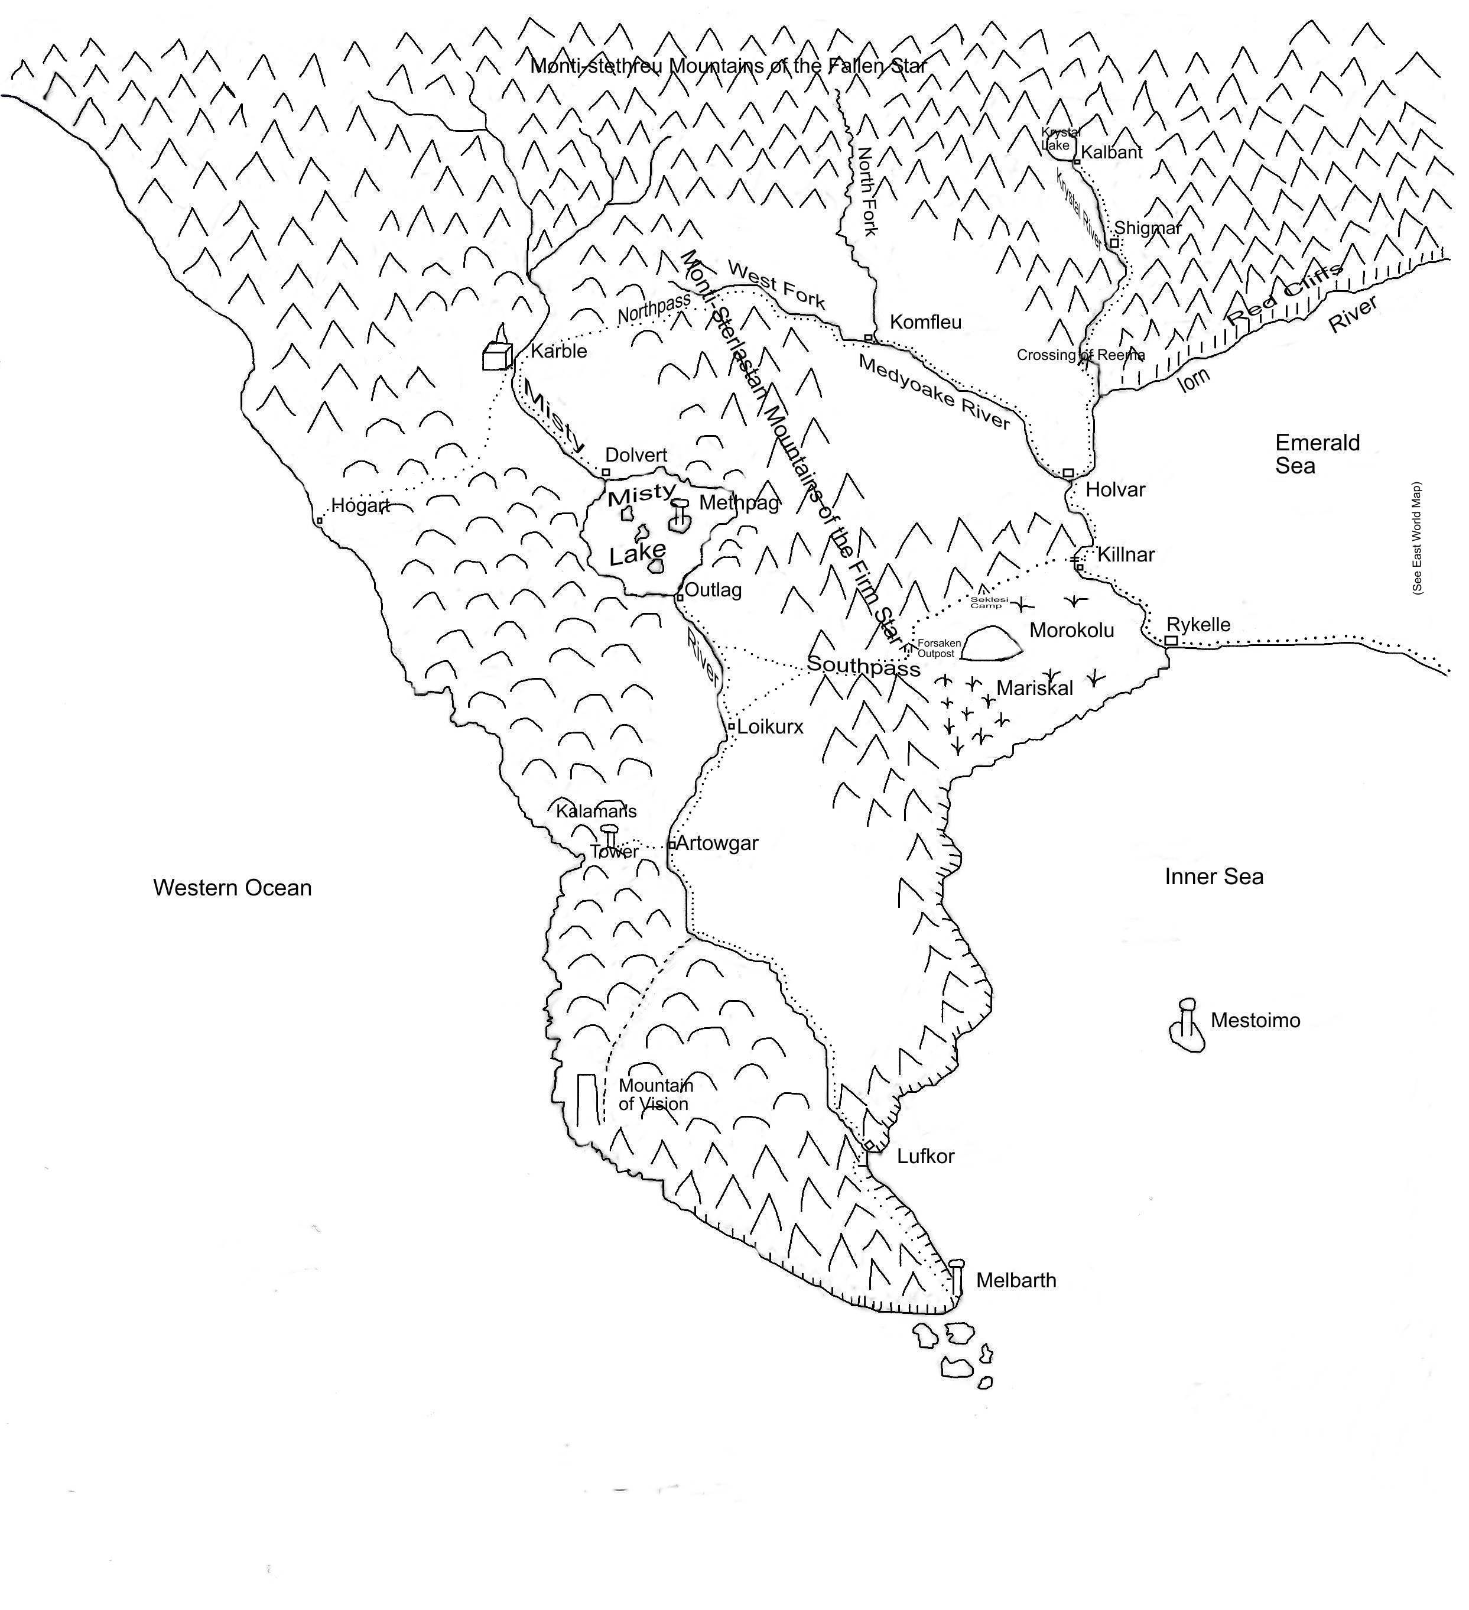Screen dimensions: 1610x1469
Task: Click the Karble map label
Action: point(559,352)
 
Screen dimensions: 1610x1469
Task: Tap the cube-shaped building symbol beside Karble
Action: point(496,356)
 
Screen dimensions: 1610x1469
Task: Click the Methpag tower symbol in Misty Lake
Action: point(680,515)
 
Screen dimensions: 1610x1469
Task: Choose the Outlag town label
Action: point(713,590)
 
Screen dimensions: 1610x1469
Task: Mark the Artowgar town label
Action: point(717,843)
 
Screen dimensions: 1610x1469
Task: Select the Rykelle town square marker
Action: point(1171,641)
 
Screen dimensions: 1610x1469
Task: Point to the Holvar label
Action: point(1115,489)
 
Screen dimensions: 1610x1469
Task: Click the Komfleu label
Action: point(925,322)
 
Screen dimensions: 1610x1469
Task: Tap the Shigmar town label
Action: point(1148,228)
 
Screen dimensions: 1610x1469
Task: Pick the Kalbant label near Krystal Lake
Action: point(1111,152)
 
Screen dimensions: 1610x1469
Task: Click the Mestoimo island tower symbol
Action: point(1187,1026)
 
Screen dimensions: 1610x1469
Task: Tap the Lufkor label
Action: point(925,1155)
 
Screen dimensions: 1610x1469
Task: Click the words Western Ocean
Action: point(232,888)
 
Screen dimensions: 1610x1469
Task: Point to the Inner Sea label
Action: point(1214,877)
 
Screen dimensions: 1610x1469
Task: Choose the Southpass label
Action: point(863,666)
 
